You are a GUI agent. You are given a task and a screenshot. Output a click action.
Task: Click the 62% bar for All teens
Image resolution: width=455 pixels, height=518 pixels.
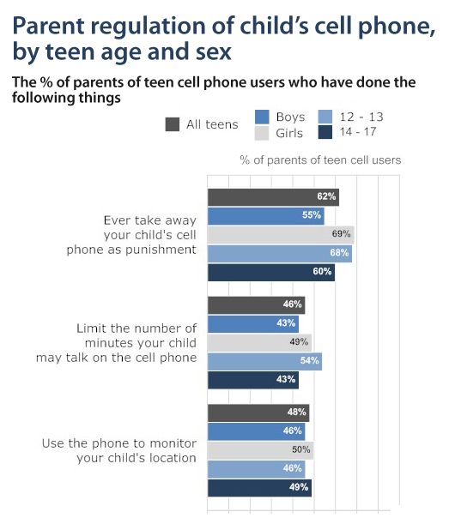click(x=273, y=197)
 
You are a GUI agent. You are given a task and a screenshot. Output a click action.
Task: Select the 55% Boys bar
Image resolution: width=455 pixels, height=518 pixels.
click(x=265, y=215)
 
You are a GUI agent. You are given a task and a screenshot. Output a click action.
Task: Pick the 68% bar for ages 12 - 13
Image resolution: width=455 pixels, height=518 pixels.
click(x=279, y=253)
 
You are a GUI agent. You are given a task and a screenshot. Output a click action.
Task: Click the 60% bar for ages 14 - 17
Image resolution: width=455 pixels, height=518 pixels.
click(x=270, y=272)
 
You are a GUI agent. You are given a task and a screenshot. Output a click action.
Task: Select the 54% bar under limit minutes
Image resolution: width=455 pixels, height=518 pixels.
click(x=264, y=360)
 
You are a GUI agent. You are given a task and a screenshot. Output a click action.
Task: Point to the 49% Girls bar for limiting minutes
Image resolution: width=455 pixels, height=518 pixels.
click(x=259, y=342)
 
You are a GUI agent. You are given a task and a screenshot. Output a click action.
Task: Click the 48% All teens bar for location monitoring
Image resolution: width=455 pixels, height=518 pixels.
click(x=258, y=413)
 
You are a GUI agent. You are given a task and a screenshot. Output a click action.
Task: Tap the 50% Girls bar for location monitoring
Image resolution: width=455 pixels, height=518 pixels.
click(x=260, y=450)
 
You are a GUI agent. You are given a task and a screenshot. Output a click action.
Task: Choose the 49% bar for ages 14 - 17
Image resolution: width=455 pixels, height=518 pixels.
click(x=259, y=487)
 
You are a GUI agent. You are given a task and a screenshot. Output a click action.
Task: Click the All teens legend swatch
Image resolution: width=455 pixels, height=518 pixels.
click(x=172, y=124)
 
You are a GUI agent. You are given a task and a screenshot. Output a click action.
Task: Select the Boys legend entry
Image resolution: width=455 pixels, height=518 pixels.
click(x=275, y=117)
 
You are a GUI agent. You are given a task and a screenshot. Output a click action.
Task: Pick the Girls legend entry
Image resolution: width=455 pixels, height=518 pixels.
click(x=275, y=133)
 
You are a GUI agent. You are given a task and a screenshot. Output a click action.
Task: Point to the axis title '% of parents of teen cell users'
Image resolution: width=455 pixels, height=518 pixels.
click(x=320, y=160)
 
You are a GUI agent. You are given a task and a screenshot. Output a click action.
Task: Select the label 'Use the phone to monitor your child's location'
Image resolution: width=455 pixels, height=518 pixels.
click(x=119, y=450)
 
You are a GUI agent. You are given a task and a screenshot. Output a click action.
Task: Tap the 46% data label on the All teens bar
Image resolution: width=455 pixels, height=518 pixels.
click(x=293, y=304)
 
